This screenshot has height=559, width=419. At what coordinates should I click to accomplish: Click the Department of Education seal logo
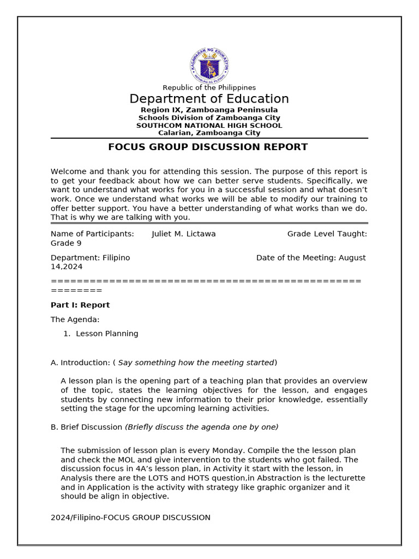tap(209, 66)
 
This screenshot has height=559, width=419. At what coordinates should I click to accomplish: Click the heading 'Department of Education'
tap(209, 99)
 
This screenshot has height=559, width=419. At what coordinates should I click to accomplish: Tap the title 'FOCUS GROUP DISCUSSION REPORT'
tap(208, 147)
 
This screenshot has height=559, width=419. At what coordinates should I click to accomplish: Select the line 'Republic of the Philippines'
tap(209, 87)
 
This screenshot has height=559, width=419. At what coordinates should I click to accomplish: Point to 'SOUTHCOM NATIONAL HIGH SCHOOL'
tap(209, 125)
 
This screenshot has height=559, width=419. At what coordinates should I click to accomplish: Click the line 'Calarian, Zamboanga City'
tap(209, 133)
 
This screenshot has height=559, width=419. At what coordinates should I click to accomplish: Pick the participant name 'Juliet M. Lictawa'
tap(183, 234)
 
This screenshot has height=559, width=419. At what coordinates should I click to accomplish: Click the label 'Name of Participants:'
tap(92, 234)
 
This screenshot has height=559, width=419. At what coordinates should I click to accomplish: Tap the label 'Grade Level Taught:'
tap(327, 234)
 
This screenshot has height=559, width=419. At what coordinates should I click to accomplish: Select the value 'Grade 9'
tap(66, 243)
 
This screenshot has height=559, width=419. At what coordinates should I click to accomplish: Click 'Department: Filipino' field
tap(90, 258)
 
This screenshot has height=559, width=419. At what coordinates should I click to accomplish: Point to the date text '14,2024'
tap(67, 267)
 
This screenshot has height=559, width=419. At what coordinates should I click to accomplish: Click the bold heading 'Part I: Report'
tap(80, 305)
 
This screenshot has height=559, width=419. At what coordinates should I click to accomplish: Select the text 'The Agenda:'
tap(75, 319)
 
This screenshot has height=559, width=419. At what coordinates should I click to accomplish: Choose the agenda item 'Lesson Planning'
tap(107, 334)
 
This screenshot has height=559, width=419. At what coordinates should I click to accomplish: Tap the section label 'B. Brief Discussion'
tap(86, 427)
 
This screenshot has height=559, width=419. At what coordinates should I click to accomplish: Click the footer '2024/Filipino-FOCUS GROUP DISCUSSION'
tap(130, 518)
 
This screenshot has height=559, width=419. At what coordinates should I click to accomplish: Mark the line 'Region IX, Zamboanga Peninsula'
tap(209, 110)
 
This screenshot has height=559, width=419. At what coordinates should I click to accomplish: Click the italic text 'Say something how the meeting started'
tap(196, 362)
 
